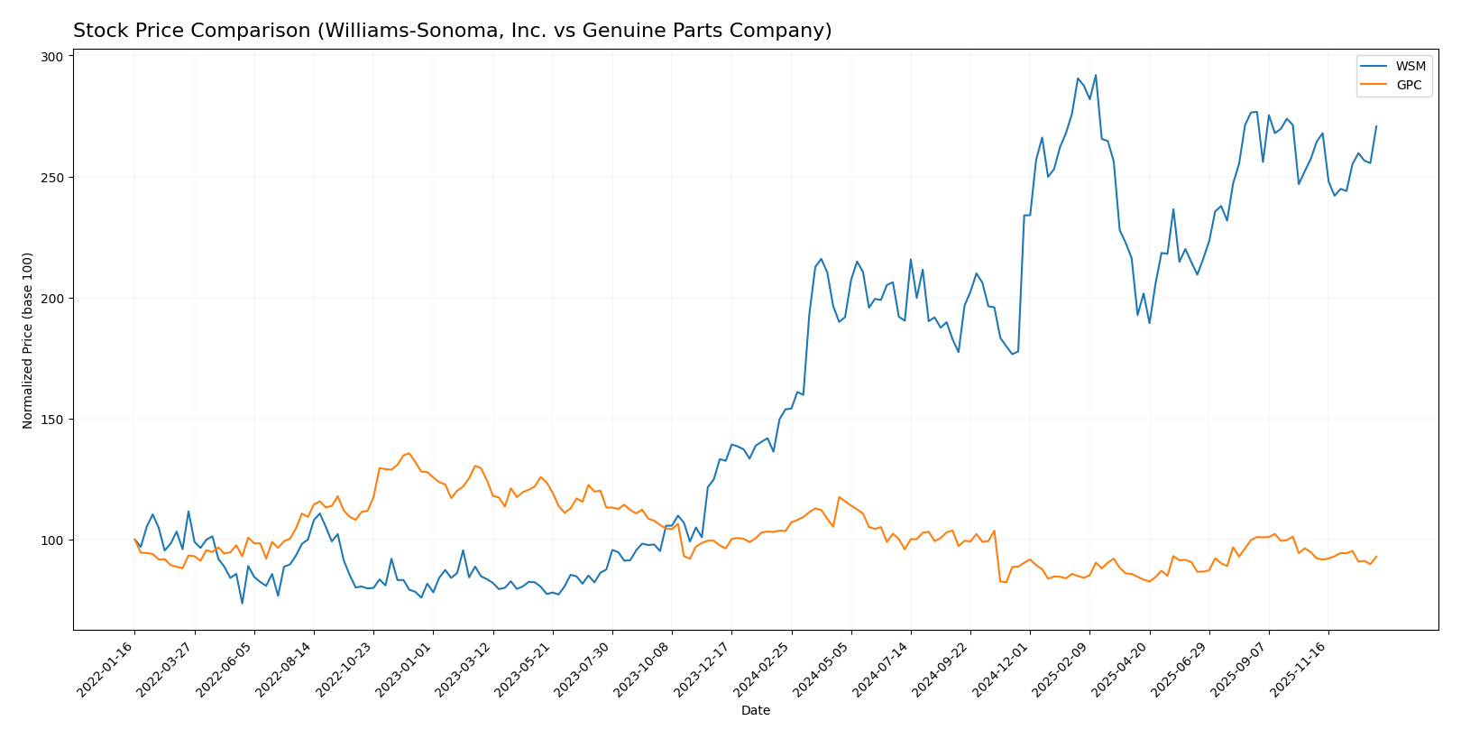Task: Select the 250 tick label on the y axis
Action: click(52, 178)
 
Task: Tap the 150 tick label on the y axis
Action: click(52, 420)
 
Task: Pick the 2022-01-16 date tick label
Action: click(107, 668)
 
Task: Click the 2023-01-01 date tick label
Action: click(406, 668)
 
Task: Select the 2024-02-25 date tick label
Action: click(764, 668)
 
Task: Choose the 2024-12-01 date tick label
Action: click(1003, 668)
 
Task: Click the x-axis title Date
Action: click(756, 711)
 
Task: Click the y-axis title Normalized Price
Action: click(28, 340)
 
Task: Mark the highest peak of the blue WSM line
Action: click(1096, 75)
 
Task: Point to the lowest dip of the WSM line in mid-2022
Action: click(242, 603)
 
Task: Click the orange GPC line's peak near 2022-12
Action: click(409, 453)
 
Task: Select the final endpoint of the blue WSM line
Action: click(1376, 126)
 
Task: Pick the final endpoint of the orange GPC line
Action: click(1376, 557)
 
